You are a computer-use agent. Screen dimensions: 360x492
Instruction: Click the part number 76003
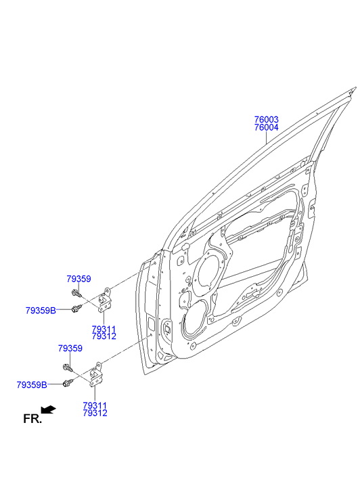click(x=266, y=120)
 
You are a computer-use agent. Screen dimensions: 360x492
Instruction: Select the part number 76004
click(x=266, y=127)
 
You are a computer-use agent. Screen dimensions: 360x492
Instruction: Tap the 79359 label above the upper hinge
click(x=78, y=279)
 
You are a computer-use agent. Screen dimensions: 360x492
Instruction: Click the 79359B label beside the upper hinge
click(x=41, y=311)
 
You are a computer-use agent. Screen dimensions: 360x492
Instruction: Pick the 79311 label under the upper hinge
click(x=104, y=329)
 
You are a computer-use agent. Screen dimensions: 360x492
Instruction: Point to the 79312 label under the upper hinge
click(x=104, y=336)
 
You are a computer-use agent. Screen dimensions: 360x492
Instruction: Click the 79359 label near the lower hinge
click(x=70, y=349)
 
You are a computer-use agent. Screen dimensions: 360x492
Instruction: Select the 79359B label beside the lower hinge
click(x=32, y=384)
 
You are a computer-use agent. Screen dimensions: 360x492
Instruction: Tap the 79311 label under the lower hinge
click(x=95, y=405)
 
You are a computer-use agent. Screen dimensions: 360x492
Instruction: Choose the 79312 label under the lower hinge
click(x=95, y=413)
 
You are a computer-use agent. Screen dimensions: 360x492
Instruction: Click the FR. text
click(x=32, y=419)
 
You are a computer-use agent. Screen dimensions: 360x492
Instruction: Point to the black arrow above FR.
click(x=48, y=409)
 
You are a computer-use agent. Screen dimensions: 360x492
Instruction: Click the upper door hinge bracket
click(x=105, y=300)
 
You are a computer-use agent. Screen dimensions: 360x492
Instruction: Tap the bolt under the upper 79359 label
click(x=76, y=294)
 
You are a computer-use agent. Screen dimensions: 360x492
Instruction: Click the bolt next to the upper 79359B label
click(x=76, y=308)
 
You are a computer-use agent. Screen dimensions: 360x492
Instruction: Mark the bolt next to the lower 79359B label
click(x=68, y=382)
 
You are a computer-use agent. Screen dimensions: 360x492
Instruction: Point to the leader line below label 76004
click(x=266, y=138)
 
